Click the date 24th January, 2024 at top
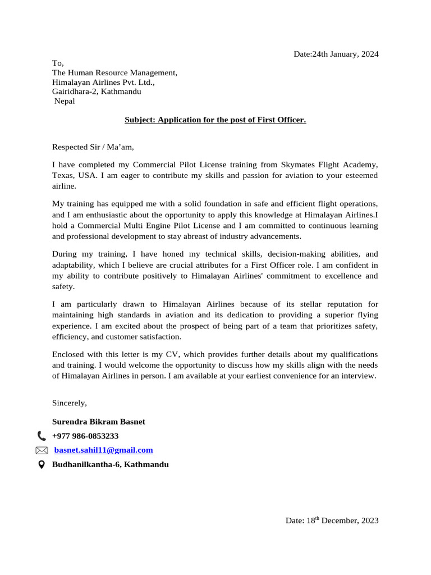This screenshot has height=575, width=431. tap(336, 54)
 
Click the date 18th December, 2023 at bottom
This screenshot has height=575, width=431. tap(332, 521)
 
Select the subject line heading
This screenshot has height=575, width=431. tap(215, 120)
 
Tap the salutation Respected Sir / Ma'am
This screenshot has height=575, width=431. tap(93, 148)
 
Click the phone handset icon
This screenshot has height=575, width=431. tap(42, 436)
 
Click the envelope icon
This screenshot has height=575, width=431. tap(42, 450)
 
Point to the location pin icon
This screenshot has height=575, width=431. tap(42, 465)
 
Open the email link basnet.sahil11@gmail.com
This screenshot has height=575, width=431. tap(103, 450)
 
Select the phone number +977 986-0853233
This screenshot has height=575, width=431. tap(85, 436)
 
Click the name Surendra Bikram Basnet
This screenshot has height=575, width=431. tap(98, 421)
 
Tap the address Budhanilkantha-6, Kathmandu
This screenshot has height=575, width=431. tap(110, 465)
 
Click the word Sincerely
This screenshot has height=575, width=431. tap(70, 403)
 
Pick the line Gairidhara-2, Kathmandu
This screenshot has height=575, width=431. tap(97, 92)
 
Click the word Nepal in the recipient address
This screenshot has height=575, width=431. tap(65, 101)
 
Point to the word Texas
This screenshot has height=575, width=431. tap(63, 175)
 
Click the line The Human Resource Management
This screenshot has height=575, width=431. tap(114, 72)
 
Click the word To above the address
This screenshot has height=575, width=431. tap(58, 63)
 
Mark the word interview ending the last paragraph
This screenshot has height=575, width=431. tap(357, 376)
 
